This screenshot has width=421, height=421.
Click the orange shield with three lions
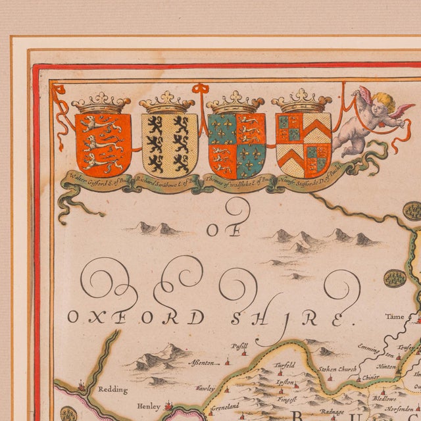102,143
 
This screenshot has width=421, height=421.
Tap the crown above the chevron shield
303,101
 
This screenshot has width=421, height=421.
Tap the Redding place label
112,389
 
